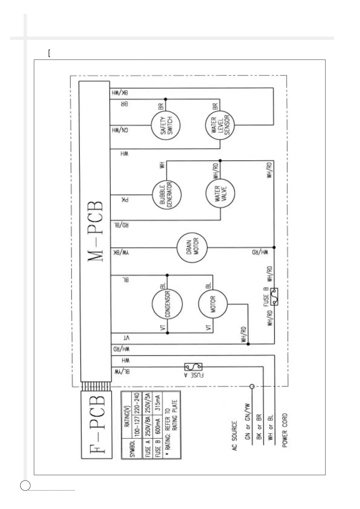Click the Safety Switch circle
[x=166, y=125]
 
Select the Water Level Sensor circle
[x=221, y=125]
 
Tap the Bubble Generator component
[x=166, y=195]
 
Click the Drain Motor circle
[x=192, y=248]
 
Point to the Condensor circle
[x=167, y=304]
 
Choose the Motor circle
[x=213, y=304]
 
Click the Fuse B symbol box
[x=274, y=297]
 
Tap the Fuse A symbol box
[x=194, y=367]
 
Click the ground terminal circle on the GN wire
[x=251, y=386]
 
